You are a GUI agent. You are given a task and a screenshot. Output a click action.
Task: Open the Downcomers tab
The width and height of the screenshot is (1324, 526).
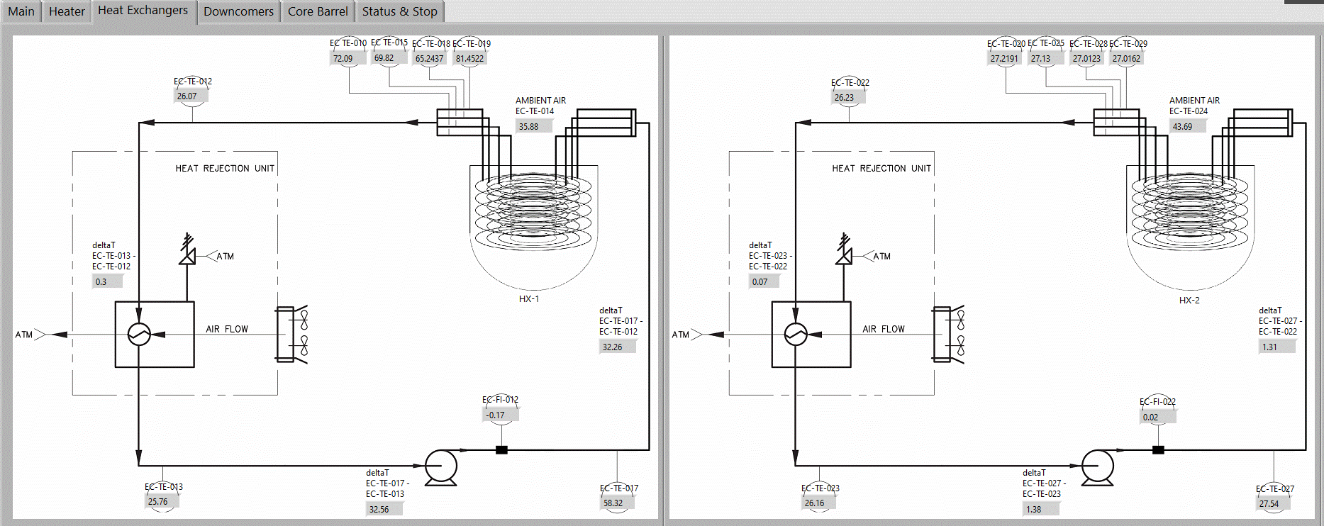click(x=238, y=11)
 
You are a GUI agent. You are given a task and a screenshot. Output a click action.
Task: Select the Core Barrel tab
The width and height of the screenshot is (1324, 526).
click(x=318, y=11)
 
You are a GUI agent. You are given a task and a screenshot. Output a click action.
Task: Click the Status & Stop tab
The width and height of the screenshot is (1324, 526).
click(x=399, y=11)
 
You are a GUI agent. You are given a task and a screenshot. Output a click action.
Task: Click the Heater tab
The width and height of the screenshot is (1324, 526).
click(x=67, y=11)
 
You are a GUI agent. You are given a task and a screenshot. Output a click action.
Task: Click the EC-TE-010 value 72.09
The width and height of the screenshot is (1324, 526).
click(x=343, y=59)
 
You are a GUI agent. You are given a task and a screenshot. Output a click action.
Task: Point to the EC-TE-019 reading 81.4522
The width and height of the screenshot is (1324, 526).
click(x=469, y=59)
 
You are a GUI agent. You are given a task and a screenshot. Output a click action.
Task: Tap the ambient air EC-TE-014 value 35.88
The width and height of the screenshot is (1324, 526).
click(x=529, y=127)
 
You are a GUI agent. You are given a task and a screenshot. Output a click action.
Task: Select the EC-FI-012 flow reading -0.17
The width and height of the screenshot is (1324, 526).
click(x=496, y=415)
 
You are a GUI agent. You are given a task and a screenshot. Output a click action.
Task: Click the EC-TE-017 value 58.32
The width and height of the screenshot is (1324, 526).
click(x=613, y=503)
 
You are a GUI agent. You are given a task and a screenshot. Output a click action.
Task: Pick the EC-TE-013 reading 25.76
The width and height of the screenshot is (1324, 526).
click(x=158, y=502)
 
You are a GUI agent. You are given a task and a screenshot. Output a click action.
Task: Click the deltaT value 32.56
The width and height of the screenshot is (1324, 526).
click(x=379, y=509)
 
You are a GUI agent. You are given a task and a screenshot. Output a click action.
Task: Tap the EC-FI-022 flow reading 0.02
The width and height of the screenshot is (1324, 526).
click(x=1151, y=418)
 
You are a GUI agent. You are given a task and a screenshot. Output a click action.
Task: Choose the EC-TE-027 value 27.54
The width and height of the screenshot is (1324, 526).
click(x=1269, y=504)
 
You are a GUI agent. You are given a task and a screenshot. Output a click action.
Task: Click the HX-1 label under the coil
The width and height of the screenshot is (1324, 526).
click(x=529, y=299)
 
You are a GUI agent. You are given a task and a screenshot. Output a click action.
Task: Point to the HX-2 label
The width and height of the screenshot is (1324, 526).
click(x=1189, y=301)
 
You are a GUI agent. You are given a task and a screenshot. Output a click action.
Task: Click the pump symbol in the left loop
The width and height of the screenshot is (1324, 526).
click(x=440, y=466)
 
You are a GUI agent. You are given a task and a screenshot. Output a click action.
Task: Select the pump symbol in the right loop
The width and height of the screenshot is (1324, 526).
click(x=1097, y=466)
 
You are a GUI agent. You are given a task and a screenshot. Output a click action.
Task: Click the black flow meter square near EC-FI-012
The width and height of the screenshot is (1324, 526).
click(x=501, y=449)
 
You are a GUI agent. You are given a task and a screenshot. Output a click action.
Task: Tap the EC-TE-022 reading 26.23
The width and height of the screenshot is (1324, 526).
click(x=844, y=98)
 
